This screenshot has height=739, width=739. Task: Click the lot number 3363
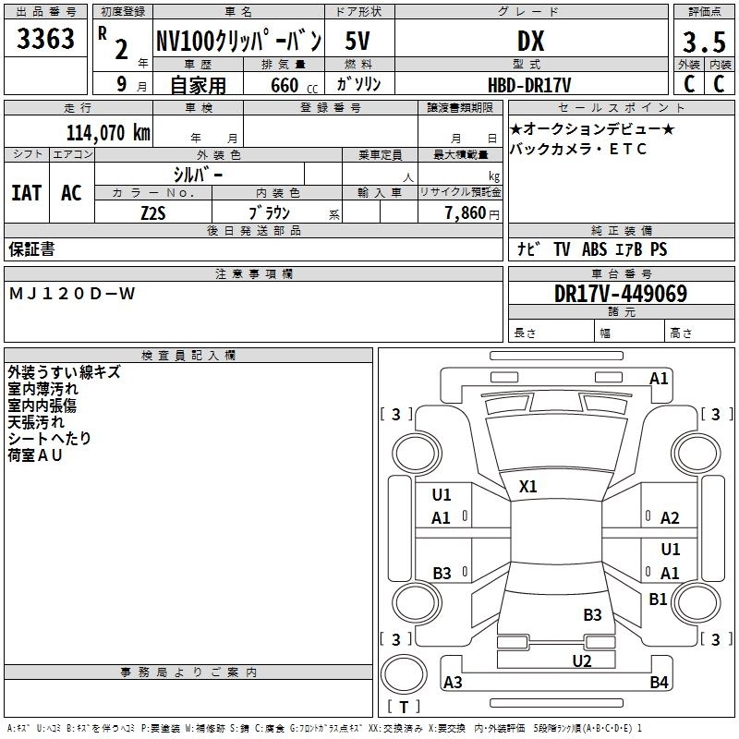[45, 40]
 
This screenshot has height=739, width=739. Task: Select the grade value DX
[530, 41]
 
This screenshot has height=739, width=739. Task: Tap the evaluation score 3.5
[703, 42]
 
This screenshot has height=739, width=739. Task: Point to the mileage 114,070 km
[108, 132]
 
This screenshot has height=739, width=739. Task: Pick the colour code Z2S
[153, 212]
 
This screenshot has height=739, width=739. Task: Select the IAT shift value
[27, 193]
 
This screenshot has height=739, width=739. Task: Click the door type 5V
[358, 41]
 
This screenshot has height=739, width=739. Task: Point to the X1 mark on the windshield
[528, 486]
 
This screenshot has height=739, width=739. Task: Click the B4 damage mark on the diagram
[659, 683]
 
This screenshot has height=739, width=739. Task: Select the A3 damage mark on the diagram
[453, 683]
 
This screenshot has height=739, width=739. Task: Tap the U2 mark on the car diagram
[581, 660]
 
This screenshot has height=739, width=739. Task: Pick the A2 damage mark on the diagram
[670, 518]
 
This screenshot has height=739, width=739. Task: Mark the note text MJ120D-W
[72, 294]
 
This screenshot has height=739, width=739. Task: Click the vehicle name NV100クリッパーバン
[238, 41]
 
